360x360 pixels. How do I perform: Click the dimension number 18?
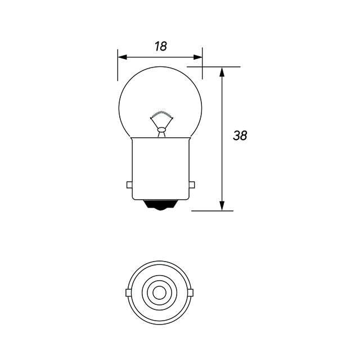pyautogui.click(x=160, y=46)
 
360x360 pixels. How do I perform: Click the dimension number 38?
pyautogui.click(x=240, y=136)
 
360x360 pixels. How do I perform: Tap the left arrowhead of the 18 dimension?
pyautogui.click(x=122, y=57)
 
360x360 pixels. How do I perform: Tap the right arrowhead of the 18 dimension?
pyautogui.click(x=198, y=57)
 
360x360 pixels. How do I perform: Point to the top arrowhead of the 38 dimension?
pyautogui.click(x=222, y=71)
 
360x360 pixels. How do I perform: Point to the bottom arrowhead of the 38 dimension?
pyautogui.click(x=222, y=206)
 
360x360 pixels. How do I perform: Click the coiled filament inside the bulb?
pyautogui.click(x=161, y=114)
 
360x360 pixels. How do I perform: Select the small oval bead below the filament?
pyautogui.click(x=161, y=130)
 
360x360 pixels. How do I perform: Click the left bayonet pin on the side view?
pyautogui.click(x=129, y=185)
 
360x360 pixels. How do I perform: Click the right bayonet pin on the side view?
pyautogui.click(x=192, y=184)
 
